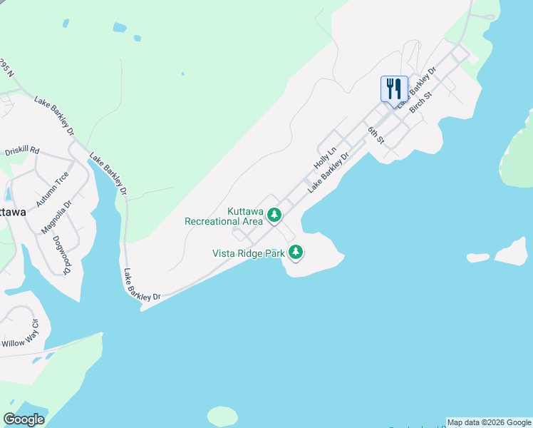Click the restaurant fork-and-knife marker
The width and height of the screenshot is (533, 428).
[394, 89]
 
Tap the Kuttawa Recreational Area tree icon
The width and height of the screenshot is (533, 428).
[274, 214]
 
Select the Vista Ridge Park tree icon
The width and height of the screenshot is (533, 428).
[296, 252]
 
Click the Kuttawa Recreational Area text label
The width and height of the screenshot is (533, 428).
[224, 217]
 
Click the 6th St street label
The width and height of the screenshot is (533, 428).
[376, 136]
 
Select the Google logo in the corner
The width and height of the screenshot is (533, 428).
[24, 419]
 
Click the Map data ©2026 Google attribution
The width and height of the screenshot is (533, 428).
[489, 422]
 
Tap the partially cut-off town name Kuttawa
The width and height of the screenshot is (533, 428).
[13, 213]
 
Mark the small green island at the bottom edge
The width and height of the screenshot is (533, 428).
[222, 416]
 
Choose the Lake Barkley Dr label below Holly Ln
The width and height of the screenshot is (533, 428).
[329, 171]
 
